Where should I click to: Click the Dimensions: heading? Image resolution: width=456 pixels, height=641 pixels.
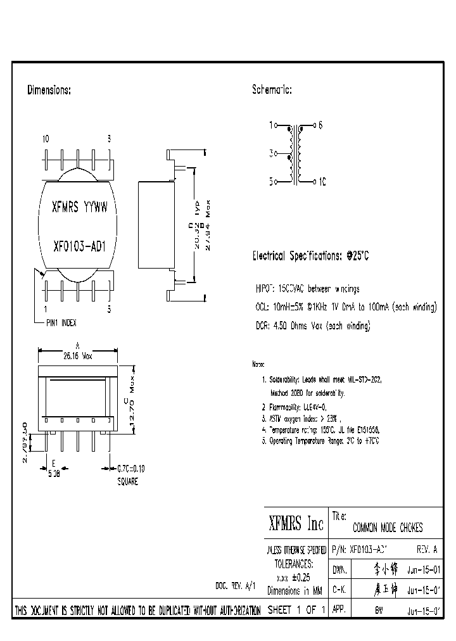(x=49, y=91)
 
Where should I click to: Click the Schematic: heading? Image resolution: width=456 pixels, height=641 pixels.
(x=272, y=91)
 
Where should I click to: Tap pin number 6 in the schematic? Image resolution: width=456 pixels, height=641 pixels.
(x=320, y=125)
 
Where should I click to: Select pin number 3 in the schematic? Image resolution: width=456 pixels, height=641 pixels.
(x=271, y=153)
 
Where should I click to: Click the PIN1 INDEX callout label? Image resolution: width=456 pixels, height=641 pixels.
(x=61, y=322)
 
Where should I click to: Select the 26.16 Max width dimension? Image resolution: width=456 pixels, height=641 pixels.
(x=78, y=357)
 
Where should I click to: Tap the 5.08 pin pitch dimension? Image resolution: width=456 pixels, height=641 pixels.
(x=54, y=471)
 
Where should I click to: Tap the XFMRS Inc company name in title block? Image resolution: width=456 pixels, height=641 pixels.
(x=296, y=523)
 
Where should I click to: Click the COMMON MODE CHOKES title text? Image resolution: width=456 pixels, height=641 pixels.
(x=387, y=528)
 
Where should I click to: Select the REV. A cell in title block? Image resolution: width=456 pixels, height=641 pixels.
(x=426, y=549)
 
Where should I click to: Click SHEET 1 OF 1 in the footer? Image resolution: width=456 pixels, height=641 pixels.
(x=297, y=610)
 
